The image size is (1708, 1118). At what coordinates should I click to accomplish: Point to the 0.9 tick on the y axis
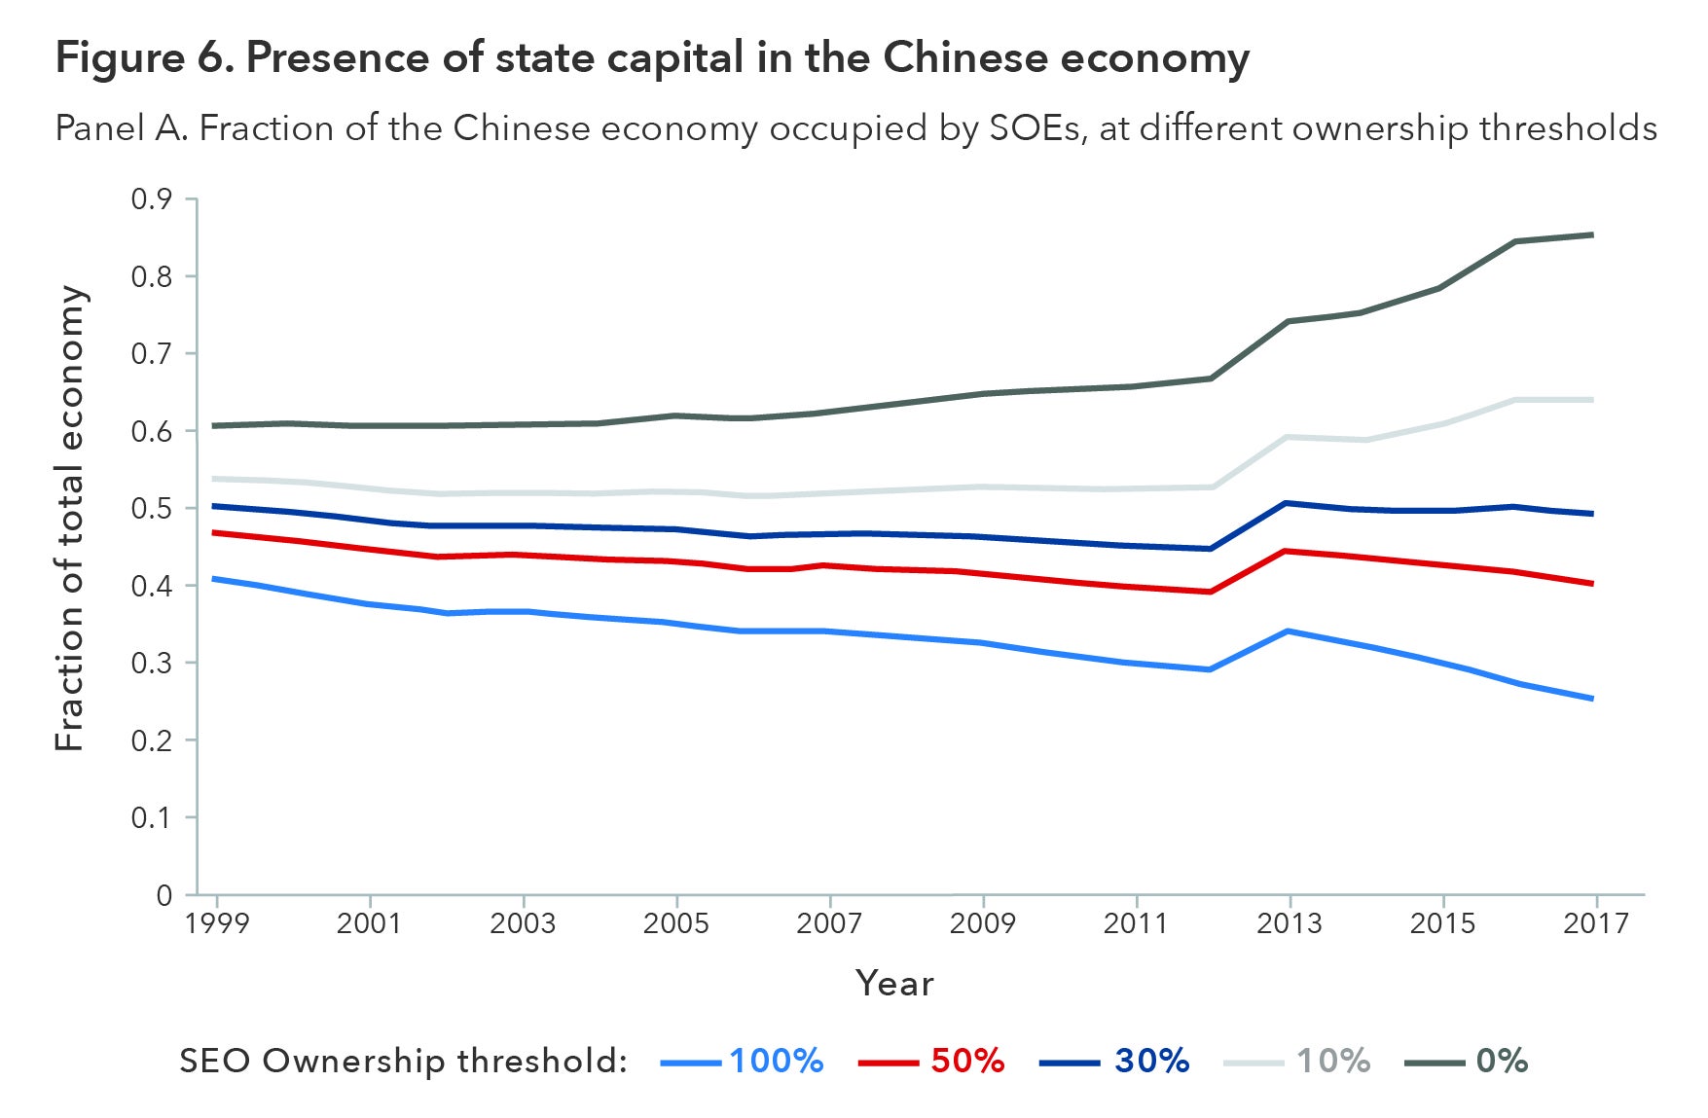point(151,199)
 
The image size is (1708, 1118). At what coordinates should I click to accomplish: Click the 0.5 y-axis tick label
point(151,509)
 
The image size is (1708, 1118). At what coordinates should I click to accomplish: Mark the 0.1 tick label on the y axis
point(151,817)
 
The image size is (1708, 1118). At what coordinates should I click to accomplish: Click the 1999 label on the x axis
point(216,922)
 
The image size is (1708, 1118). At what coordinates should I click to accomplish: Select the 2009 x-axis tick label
point(983,922)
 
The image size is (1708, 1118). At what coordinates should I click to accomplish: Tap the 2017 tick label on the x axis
point(1596,922)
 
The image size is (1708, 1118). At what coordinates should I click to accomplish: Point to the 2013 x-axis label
point(1290,922)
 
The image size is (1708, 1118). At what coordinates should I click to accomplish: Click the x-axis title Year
point(894,983)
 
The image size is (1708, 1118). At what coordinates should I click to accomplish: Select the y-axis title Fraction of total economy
point(70,519)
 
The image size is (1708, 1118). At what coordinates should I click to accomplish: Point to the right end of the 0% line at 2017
point(1593,234)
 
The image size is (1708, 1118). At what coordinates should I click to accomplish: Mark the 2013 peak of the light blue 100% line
point(1289,631)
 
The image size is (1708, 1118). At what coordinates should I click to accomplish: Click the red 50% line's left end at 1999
point(214,532)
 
